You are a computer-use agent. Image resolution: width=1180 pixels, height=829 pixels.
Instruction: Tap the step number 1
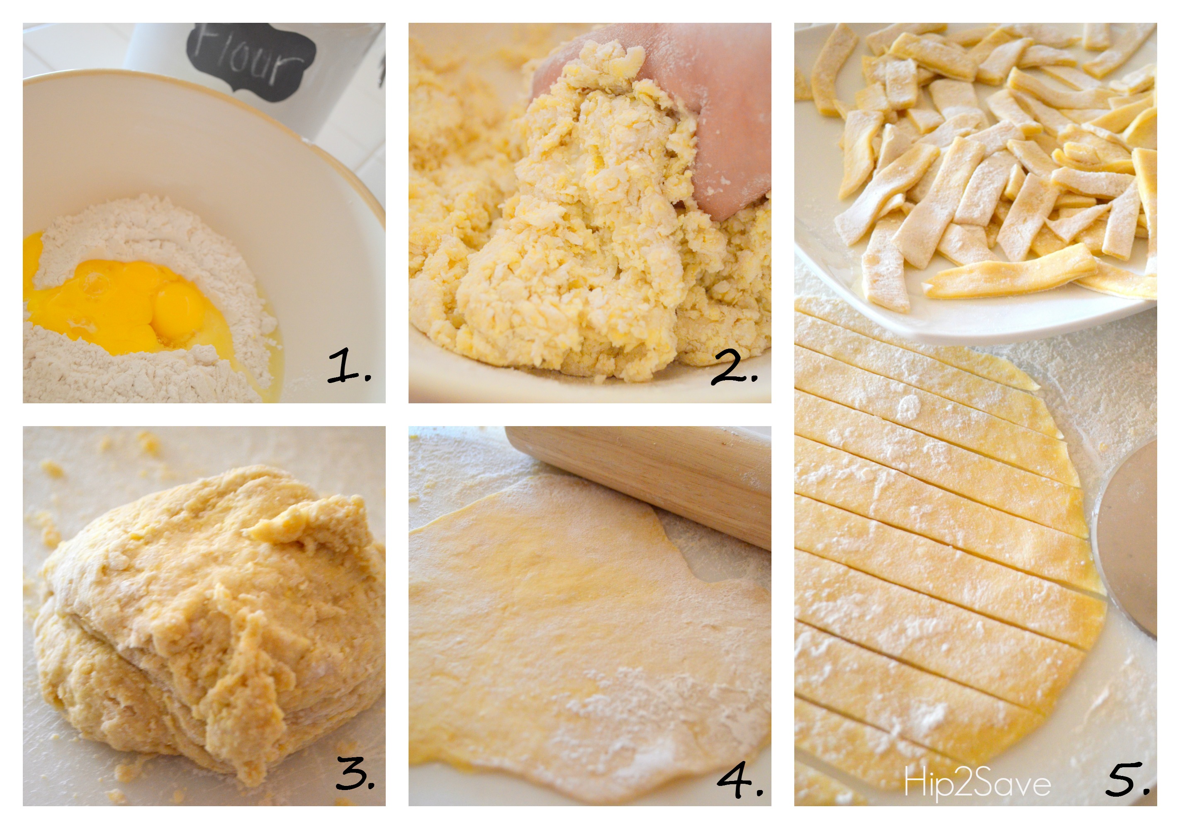tap(349, 366)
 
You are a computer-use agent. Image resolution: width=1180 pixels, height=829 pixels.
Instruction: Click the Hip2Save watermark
tap(978, 784)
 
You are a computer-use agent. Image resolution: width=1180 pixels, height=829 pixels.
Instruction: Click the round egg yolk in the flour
tap(176, 304)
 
